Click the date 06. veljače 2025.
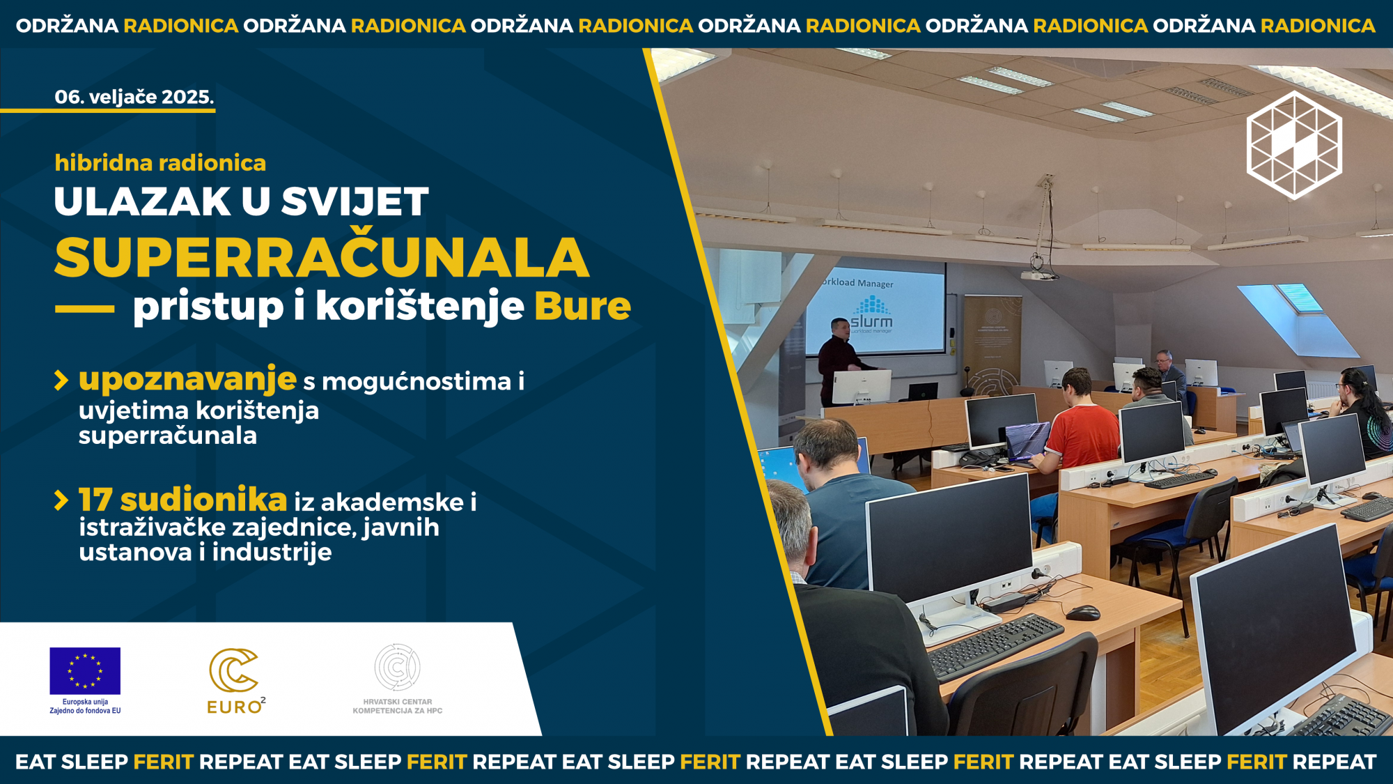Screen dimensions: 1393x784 [134, 97]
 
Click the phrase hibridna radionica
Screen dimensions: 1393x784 [160, 162]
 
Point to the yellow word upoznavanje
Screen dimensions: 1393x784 [188, 379]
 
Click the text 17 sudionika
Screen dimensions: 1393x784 [183, 499]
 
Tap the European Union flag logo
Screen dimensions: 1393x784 [85, 671]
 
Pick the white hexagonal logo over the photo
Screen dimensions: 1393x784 [1294, 145]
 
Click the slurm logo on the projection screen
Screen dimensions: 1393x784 [871, 315]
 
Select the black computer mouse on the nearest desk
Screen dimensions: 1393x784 [1082, 613]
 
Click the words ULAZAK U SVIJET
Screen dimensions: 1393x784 [241, 201]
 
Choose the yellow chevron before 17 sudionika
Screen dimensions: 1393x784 [61, 500]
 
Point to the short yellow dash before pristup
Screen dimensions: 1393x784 [85, 309]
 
